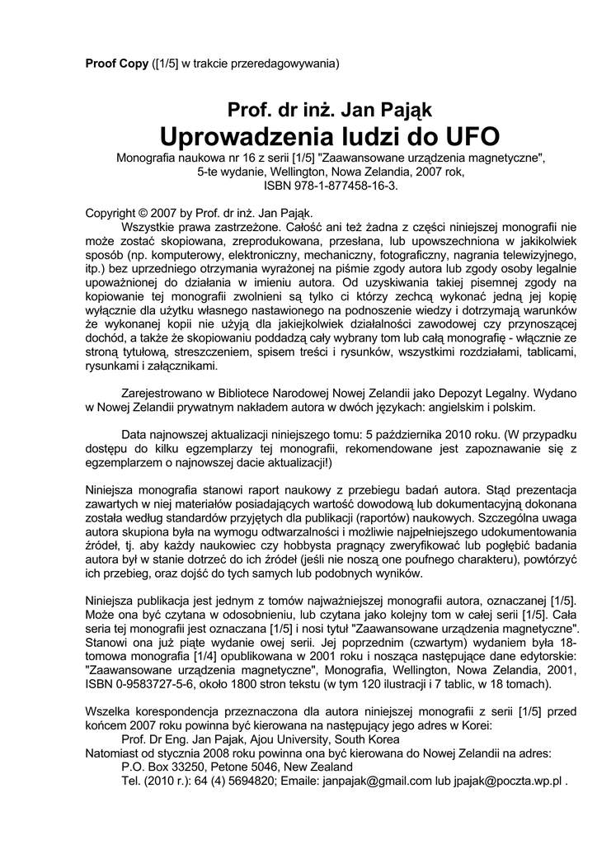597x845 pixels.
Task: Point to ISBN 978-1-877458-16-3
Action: [x=330, y=186]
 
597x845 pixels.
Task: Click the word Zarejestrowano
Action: [x=162, y=394]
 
